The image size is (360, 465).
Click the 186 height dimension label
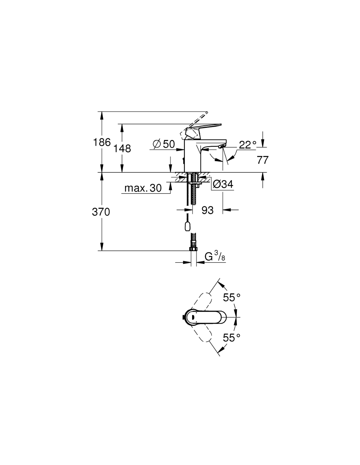point(102,142)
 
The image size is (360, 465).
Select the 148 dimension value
point(122,148)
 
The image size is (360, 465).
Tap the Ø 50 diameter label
point(164,144)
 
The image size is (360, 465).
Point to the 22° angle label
point(247,145)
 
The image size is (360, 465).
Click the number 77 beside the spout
point(262,160)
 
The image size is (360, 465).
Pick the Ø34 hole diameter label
point(223,184)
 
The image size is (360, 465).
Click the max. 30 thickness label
point(143,188)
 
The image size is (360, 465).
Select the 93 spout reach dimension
point(207,210)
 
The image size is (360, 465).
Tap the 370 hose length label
point(101,212)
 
